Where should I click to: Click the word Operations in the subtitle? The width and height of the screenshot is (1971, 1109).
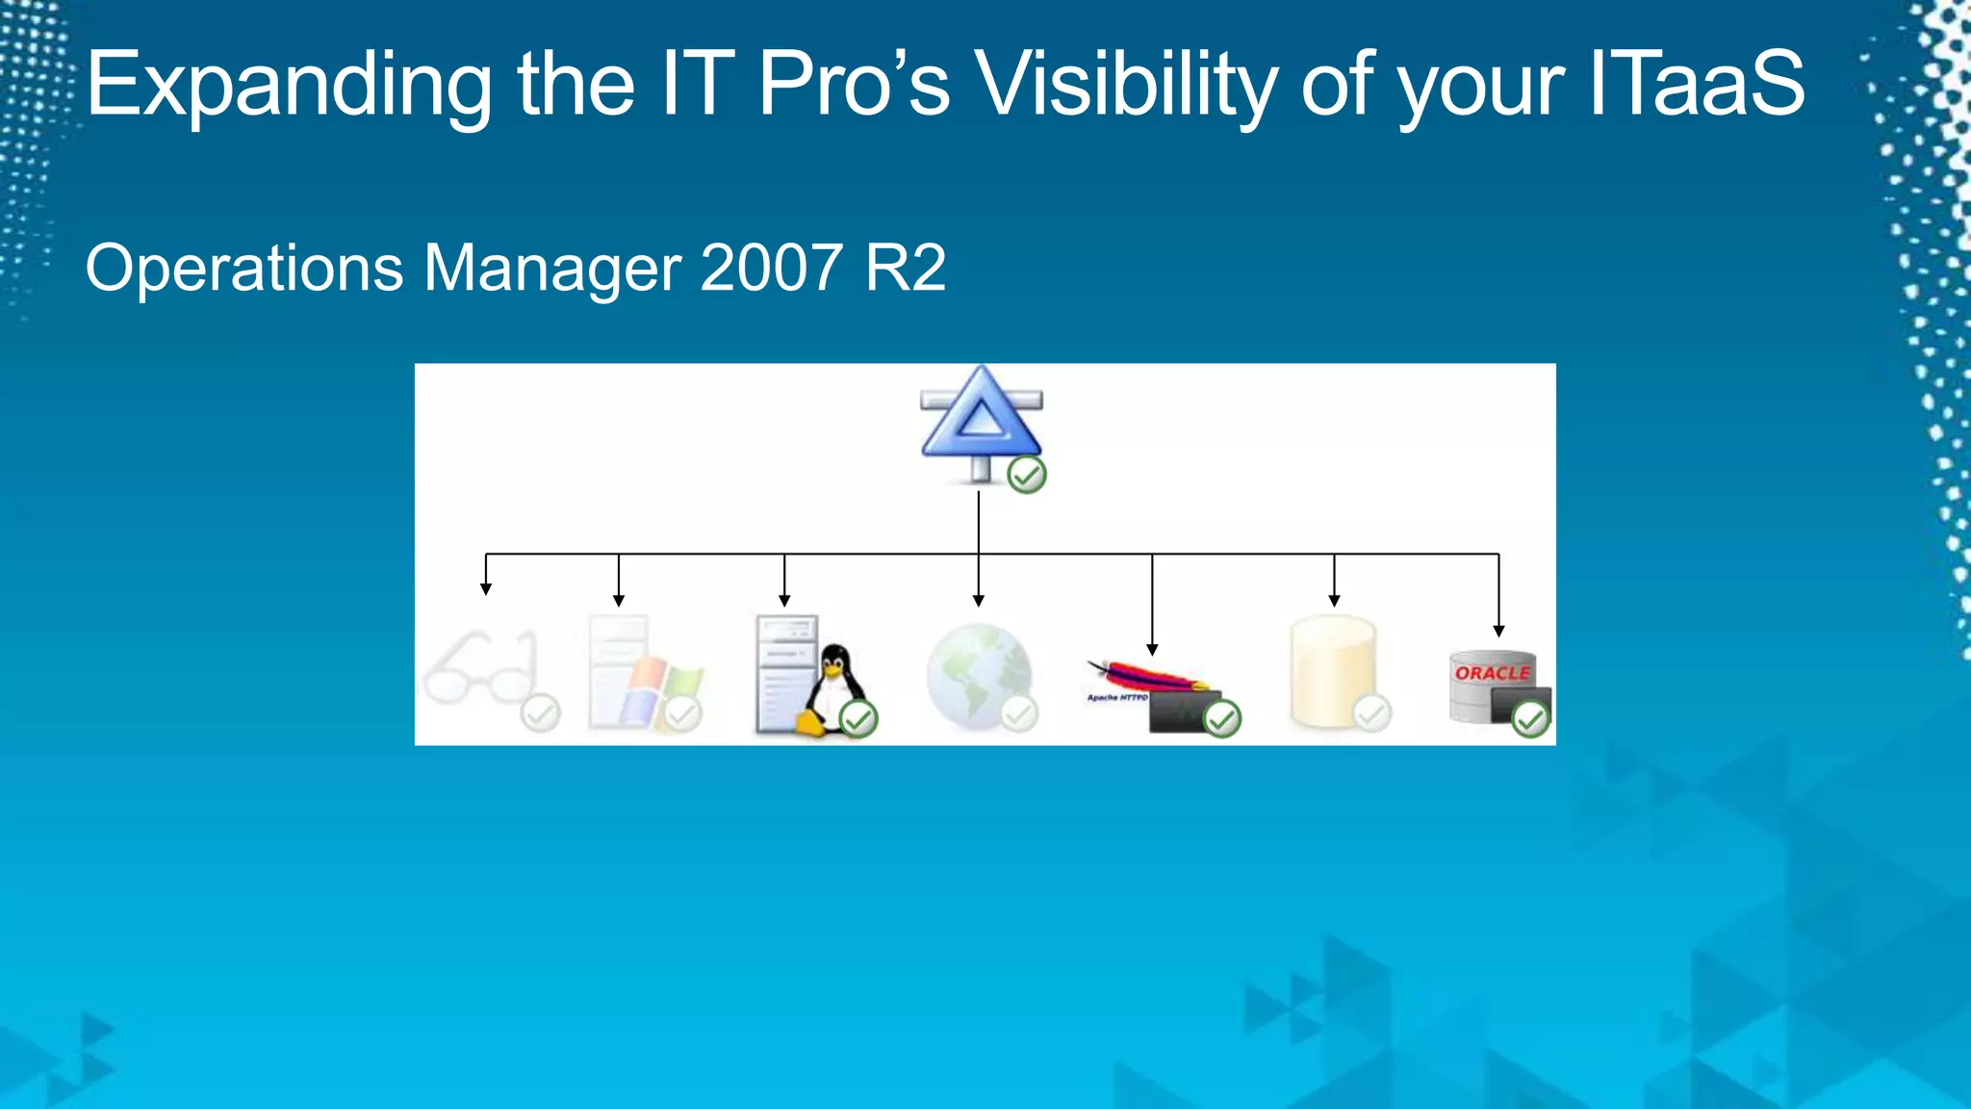click(x=244, y=270)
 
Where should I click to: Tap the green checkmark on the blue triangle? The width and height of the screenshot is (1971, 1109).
click(x=1026, y=475)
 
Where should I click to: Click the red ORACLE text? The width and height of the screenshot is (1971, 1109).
click(x=1491, y=673)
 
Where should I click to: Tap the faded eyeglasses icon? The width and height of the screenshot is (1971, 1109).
click(x=479, y=669)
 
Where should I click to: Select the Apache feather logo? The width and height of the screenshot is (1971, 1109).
click(x=1145, y=677)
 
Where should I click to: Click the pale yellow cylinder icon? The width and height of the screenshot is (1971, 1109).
click(x=1332, y=672)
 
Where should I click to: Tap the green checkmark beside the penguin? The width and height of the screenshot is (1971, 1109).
click(x=858, y=718)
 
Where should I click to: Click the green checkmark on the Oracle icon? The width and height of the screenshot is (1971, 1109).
click(x=1529, y=718)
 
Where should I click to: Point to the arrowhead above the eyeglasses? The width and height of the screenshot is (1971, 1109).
click(x=486, y=588)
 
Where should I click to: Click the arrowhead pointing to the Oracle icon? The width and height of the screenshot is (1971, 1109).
click(x=1498, y=631)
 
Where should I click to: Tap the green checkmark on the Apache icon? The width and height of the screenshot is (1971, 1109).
click(x=1221, y=718)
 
